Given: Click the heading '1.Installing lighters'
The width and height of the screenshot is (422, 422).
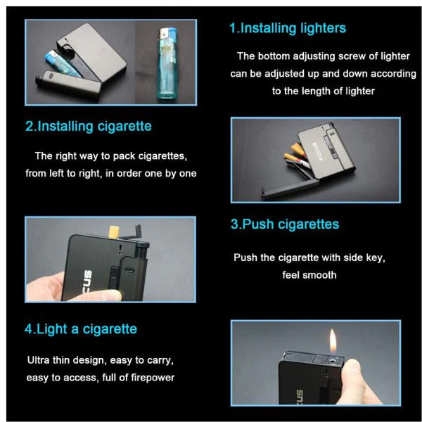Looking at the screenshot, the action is click(288, 29).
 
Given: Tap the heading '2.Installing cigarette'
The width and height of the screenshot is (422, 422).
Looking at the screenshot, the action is click(89, 127).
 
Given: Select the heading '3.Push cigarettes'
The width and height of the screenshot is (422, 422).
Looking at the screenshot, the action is click(285, 224).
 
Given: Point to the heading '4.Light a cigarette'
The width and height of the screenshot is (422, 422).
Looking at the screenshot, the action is click(81, 329).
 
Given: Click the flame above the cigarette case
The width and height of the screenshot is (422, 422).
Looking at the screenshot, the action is click(333, 341).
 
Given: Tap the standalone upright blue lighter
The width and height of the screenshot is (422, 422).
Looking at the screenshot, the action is click(167, 63).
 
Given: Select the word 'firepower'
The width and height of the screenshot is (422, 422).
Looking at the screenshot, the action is click(153, 378).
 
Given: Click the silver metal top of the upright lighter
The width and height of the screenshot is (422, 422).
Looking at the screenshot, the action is click(164, 34).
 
